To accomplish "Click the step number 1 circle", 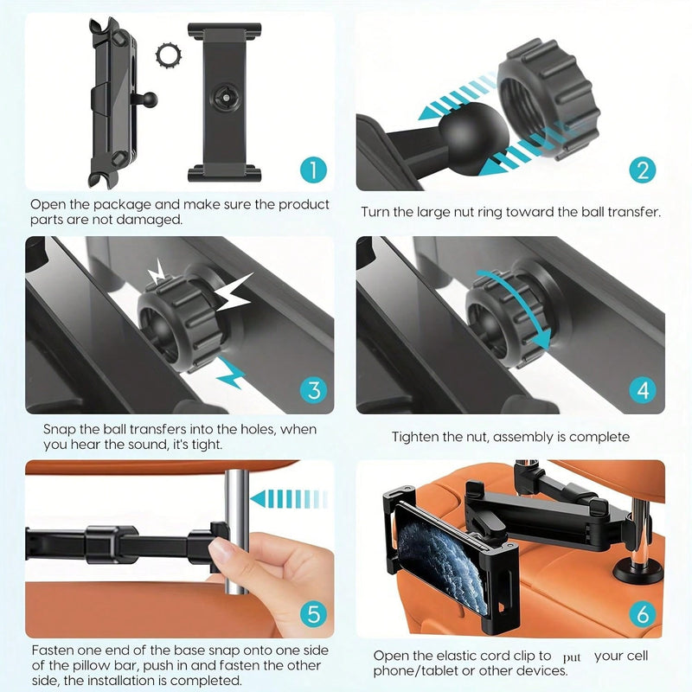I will click(313, 169).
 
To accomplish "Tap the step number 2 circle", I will click(641, 169).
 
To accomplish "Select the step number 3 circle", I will click(313, 390).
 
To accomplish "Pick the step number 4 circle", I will click(641, 390).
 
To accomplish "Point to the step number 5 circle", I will click(313, 615).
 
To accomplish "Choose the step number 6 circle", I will click(641, 615).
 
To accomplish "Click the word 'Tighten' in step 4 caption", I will click(416, 438).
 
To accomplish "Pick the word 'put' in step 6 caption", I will click(572, 657).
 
